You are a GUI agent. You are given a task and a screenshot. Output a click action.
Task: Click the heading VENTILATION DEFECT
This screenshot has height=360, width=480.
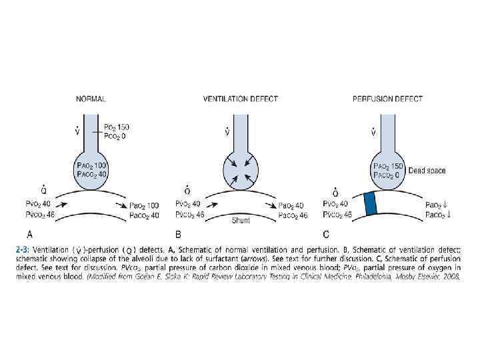click(x=240, y=99)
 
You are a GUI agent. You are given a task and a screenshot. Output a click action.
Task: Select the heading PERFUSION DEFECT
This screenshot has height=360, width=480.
click(x=387, y=99)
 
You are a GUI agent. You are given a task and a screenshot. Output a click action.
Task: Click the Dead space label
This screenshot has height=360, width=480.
click(x=427, y=171)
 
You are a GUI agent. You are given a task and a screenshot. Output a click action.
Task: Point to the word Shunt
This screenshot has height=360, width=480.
click(x=241, y=220)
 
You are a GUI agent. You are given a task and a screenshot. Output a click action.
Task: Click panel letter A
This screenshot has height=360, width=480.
click(x=29, y=235)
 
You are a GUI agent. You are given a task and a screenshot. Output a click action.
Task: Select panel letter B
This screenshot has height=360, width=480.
click(x=179, y=235)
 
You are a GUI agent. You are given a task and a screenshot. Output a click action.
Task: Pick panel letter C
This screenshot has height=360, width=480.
click(x=326, y=235)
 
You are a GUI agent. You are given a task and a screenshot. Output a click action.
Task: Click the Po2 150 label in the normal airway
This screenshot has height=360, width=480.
click(x=120, y=127)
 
